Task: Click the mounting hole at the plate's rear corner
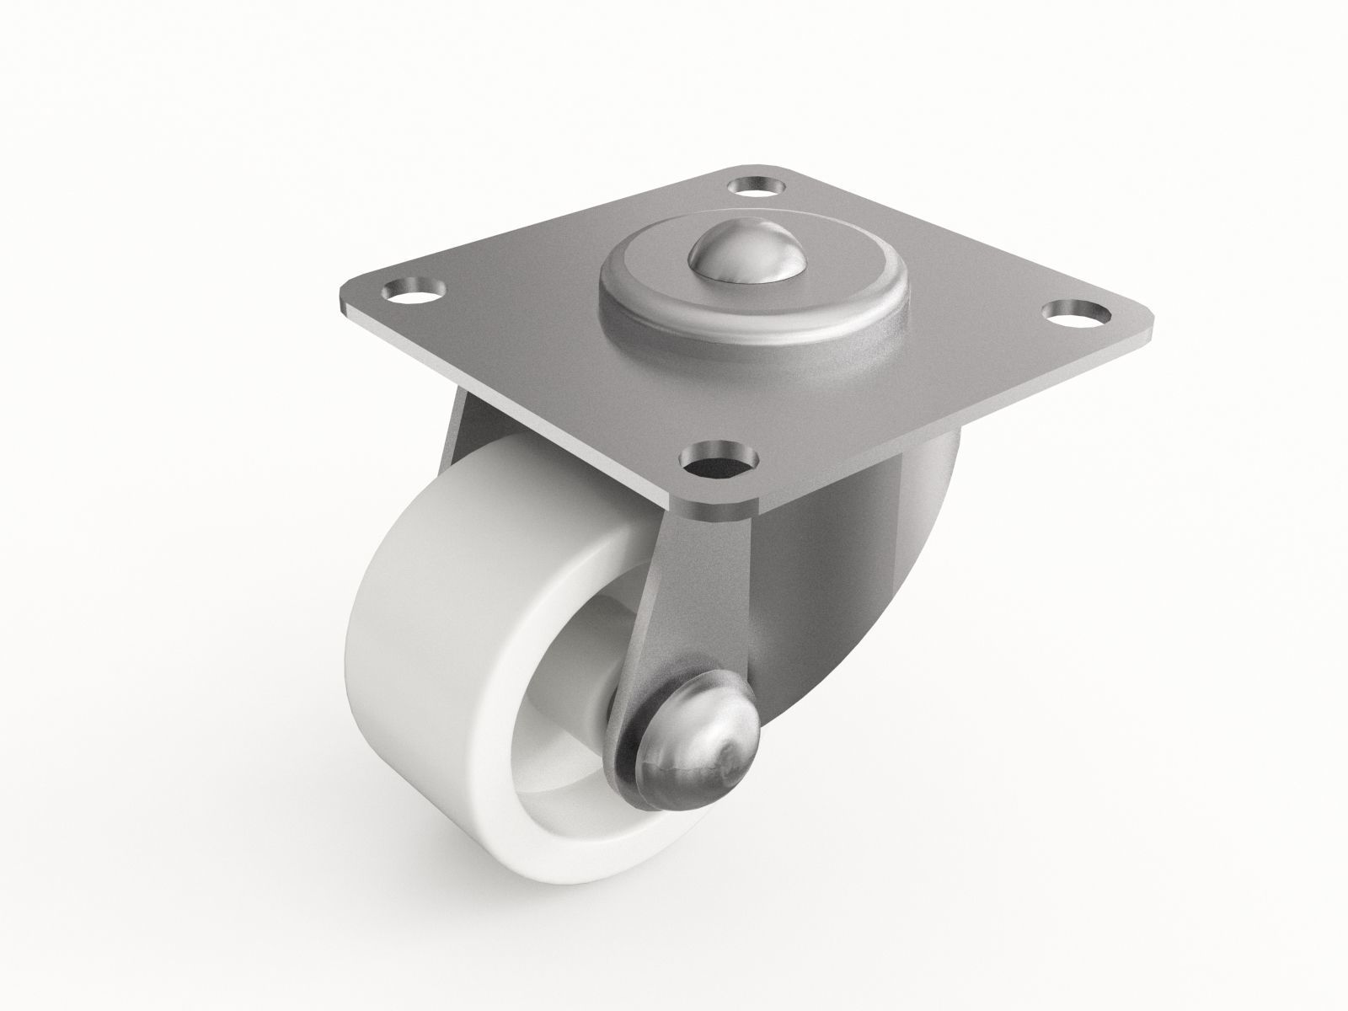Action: click(x=756, y=184)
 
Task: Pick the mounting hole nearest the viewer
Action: click(x=718, y=462)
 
